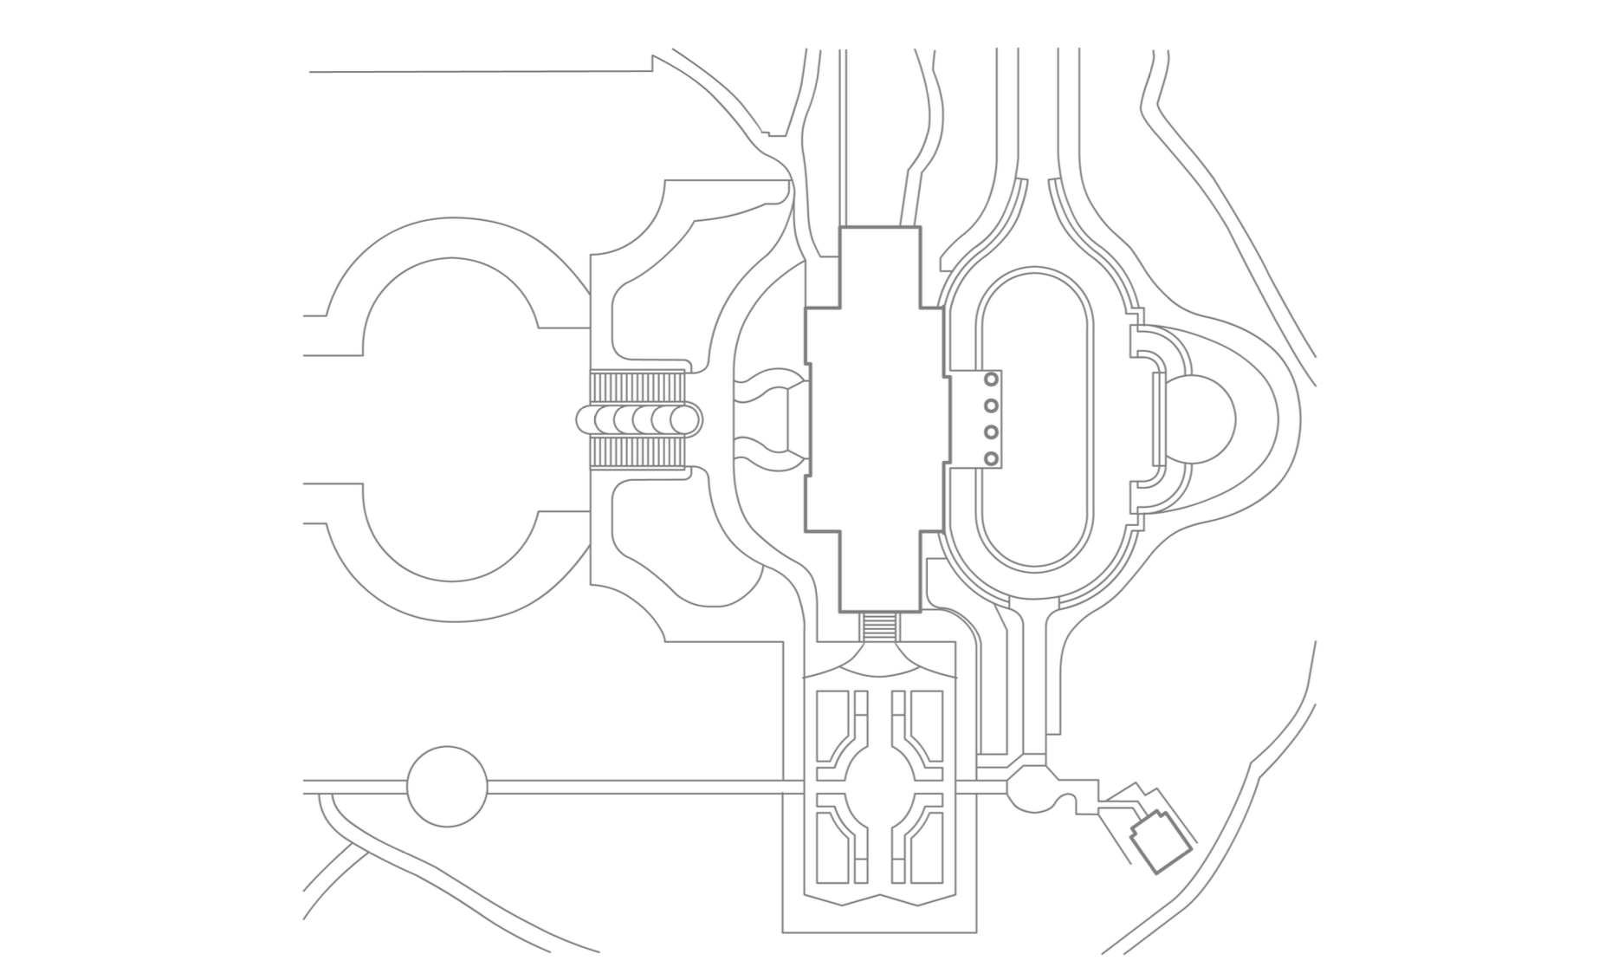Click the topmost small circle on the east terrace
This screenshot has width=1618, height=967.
tap(992, 380)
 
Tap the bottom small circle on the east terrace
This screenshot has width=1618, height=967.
tap(992, 458)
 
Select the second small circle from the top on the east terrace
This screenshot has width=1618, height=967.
tap(992, 406)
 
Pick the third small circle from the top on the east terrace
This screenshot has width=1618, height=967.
tap(992, 432)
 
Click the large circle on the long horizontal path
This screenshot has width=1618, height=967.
tap(447, 787)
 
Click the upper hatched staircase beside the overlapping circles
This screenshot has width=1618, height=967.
tap(638, 386)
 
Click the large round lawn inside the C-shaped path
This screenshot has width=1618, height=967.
tap(450, 420)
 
